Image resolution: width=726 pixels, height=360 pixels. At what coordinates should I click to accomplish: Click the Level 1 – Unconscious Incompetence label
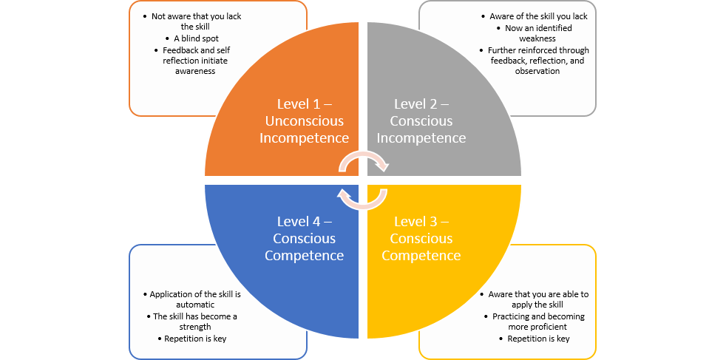click(304, 120)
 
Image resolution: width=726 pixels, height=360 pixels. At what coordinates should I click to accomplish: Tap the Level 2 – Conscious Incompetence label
click(421, 120)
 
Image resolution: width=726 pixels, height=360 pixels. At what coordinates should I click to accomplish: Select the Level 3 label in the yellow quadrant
click(421, 238)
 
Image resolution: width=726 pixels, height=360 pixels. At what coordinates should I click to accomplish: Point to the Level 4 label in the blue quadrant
click(304, 238)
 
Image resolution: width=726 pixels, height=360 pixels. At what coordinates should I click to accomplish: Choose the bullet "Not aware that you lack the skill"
click(197, 21)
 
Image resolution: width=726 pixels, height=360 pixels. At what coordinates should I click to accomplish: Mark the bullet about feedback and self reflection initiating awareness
click(195, 60)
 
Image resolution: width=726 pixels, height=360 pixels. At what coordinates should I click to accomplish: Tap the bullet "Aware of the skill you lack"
click(538, 16)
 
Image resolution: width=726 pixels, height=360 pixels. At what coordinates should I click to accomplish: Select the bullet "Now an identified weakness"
click(537, 33)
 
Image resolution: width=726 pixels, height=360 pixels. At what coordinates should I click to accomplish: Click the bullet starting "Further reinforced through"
click(538, 60)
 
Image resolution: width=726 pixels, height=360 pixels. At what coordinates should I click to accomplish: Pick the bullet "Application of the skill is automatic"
click(195, 299)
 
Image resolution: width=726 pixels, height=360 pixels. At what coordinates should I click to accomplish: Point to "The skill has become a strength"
click(195, 322)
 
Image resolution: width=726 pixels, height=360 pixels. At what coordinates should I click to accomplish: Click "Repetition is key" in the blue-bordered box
click(195, 339)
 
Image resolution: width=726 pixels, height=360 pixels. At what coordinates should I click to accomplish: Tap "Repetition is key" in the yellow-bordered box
click(538, 339)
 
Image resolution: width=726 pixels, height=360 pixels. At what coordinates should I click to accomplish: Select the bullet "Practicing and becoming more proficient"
click(538, 322)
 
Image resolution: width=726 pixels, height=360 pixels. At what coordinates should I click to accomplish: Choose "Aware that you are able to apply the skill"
click(538, 299)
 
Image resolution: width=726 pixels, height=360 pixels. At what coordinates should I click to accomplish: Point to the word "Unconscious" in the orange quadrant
click(304, 120)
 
